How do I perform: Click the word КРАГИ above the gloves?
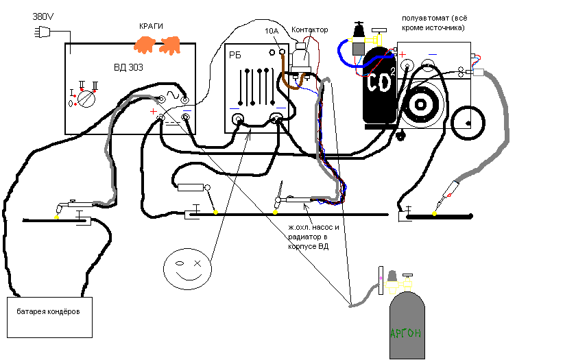coord(151,26)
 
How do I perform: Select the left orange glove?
coord(145,45)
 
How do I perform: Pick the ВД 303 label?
coord(128,67)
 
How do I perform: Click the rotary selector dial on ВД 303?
coord(86,98)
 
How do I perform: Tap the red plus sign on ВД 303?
coord(154,111)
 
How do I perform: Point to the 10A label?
coord(272,31)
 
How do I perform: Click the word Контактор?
coord(309,30)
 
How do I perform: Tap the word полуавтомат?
coord(426,17)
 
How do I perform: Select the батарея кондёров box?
coord(49,317)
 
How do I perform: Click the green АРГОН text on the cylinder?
coord(405,334)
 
